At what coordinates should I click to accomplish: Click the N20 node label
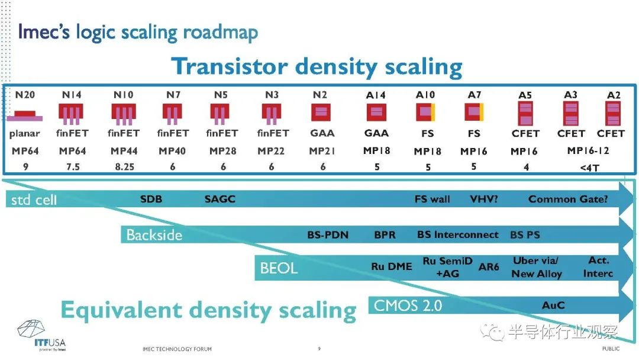click(x=25, y=95)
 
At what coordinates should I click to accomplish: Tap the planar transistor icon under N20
click(x=25, y=116)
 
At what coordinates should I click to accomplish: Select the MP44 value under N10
click(x=124, y=151)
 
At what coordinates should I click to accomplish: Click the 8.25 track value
click(x=125, y=167)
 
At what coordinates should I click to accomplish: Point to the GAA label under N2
click(x=322, y=133)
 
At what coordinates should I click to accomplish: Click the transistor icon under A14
click(x=376, y=112)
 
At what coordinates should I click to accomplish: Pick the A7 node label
click(x=475, y=95)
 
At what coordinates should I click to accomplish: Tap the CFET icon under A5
click(x=525, y=113)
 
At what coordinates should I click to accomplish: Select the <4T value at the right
click(x=590, y=168)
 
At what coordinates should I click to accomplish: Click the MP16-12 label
click(x=588, y=151)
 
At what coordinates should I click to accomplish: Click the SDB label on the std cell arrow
click(x=151, y=200)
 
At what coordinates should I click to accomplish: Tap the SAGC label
click(x=220, y=200)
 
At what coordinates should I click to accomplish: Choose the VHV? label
click(x=484, y=200)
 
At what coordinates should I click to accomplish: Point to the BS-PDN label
click(x=328, y=235)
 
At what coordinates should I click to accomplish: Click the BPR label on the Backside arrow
click(x=385, y=235)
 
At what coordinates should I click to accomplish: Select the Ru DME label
click(x=392, y=266)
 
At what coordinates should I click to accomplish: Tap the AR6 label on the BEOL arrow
click(x=489, y=267)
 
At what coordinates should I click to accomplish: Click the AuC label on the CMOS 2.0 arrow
click(x=553, y=306)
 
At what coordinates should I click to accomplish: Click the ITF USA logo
click(x=41, y=335)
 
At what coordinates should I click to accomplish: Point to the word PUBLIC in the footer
click(x=611, y=349)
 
